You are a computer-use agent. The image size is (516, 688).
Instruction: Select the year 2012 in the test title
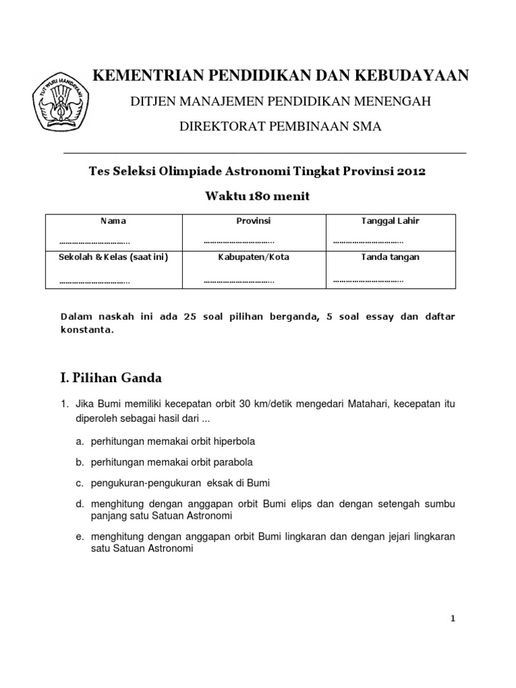pos(411,171)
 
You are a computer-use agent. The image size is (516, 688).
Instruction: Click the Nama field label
pos(113,220)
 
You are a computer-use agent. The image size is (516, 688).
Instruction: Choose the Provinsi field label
pos(253,220)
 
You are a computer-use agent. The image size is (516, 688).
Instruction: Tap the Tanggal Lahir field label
pos(390,220)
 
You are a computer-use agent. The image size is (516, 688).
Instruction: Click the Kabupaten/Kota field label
pos(253,257)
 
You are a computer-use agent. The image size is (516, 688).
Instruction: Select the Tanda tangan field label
pos(390,257)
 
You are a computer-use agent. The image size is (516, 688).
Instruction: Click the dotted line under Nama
pos(94,242)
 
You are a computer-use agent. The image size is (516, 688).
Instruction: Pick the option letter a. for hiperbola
pos(79,441)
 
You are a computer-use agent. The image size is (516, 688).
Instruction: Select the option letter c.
pos(79,483)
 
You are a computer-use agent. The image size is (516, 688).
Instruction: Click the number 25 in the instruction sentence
pos(189,316)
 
